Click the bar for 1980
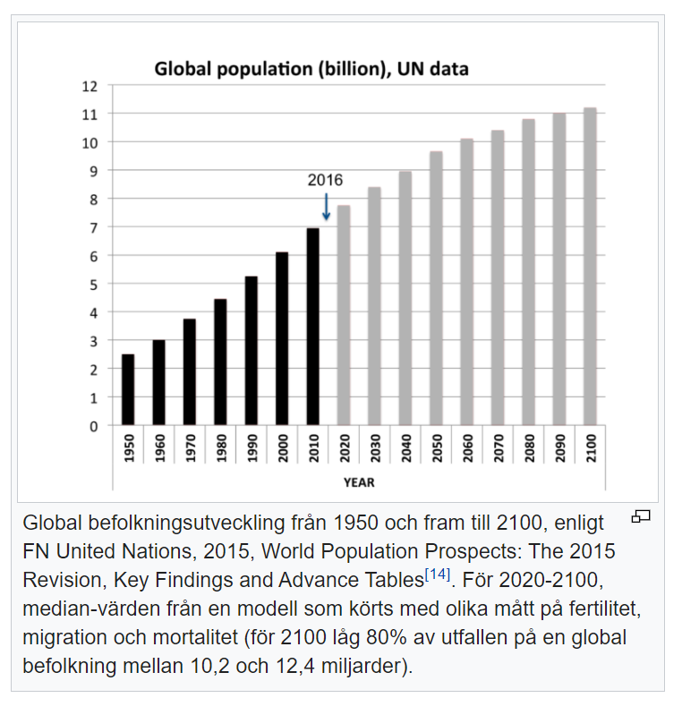(x=220, y=362)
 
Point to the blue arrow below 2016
(x=326, y=207)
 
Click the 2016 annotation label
(x=325, y=180)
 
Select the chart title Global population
(x=311, y=69)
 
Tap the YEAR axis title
(x=359, y=482)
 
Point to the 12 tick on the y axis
(x=89, y=86)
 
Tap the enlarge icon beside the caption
(x=641, y=516)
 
